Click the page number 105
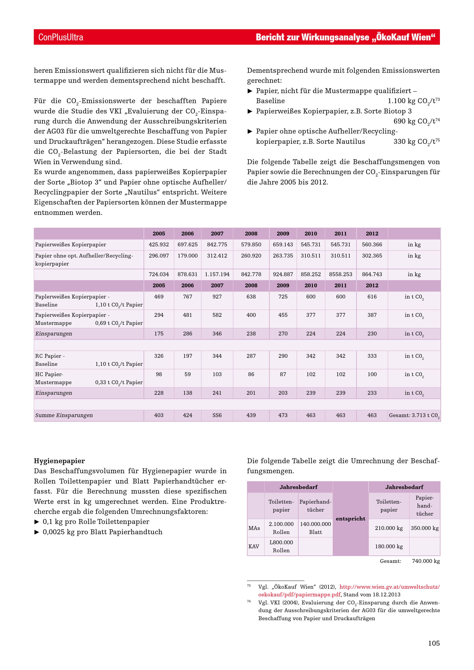point(434,643)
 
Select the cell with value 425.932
point(159,244)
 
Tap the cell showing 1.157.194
point(217,274)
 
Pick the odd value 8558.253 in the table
point(340,274)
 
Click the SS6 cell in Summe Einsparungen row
point(217,415)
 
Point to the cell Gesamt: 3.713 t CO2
point(414,415)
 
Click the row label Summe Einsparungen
point(64,415)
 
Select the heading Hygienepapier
point(59,461)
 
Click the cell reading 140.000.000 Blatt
point(315,528)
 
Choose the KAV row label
point(254,546)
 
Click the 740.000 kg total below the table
point(426,561)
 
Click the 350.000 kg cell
point(424,528)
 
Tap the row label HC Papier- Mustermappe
point(53,378)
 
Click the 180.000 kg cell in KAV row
point(388,546)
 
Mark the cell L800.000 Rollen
point(281,546)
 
